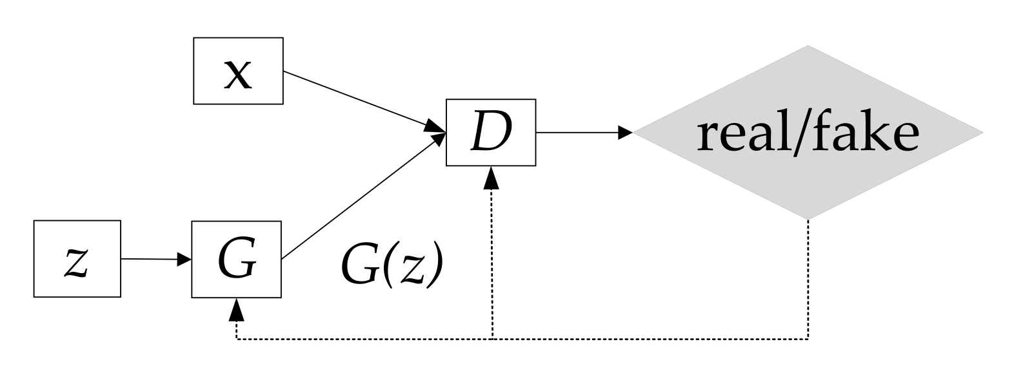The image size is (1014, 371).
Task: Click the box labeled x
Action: (x=238, y=71)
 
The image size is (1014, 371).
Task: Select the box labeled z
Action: (x=77, y=259)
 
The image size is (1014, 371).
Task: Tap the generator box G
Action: (x=237, y=260)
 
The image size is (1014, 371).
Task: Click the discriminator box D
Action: (x=490, y=133)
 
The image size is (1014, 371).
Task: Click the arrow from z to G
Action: (x=155, y=260)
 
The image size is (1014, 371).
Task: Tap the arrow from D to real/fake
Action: (x=581, y=133)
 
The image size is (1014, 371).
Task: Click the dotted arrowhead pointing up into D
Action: (x=492, y=176)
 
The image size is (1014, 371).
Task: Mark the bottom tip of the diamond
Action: (x=808, y=218)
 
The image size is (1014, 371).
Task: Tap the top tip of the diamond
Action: (x=808, y=47)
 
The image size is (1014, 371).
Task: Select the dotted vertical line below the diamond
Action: (x=808, y=277)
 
